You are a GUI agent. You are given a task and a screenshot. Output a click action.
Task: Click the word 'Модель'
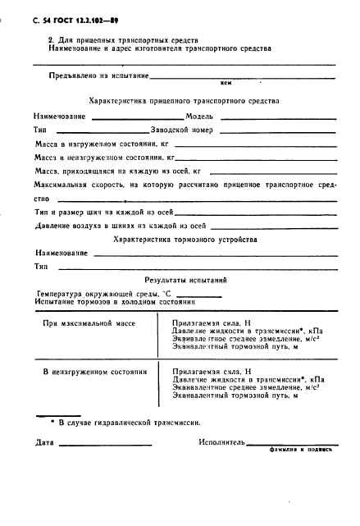coord(200,117)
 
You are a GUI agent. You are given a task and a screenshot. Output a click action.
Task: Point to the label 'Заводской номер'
coord(185,130)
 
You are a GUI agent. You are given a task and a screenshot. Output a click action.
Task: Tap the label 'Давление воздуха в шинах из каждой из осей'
coord(120,226)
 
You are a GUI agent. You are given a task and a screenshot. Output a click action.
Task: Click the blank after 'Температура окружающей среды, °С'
coord(199,294)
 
